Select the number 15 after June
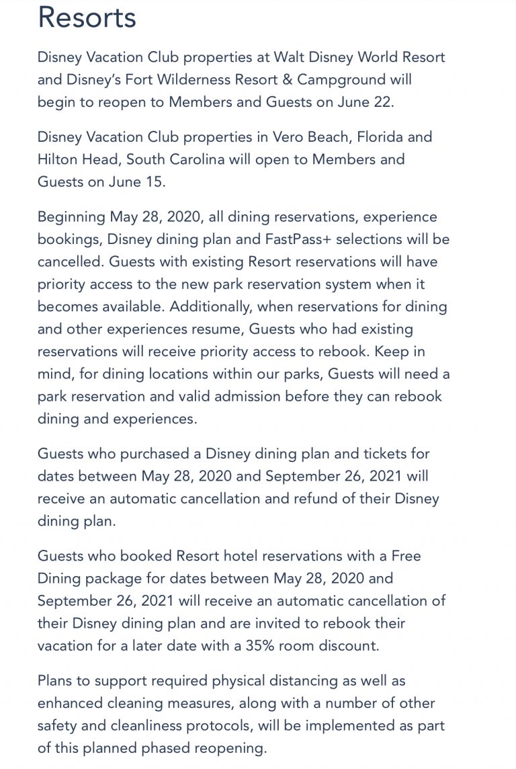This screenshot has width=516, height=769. [153, 182]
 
